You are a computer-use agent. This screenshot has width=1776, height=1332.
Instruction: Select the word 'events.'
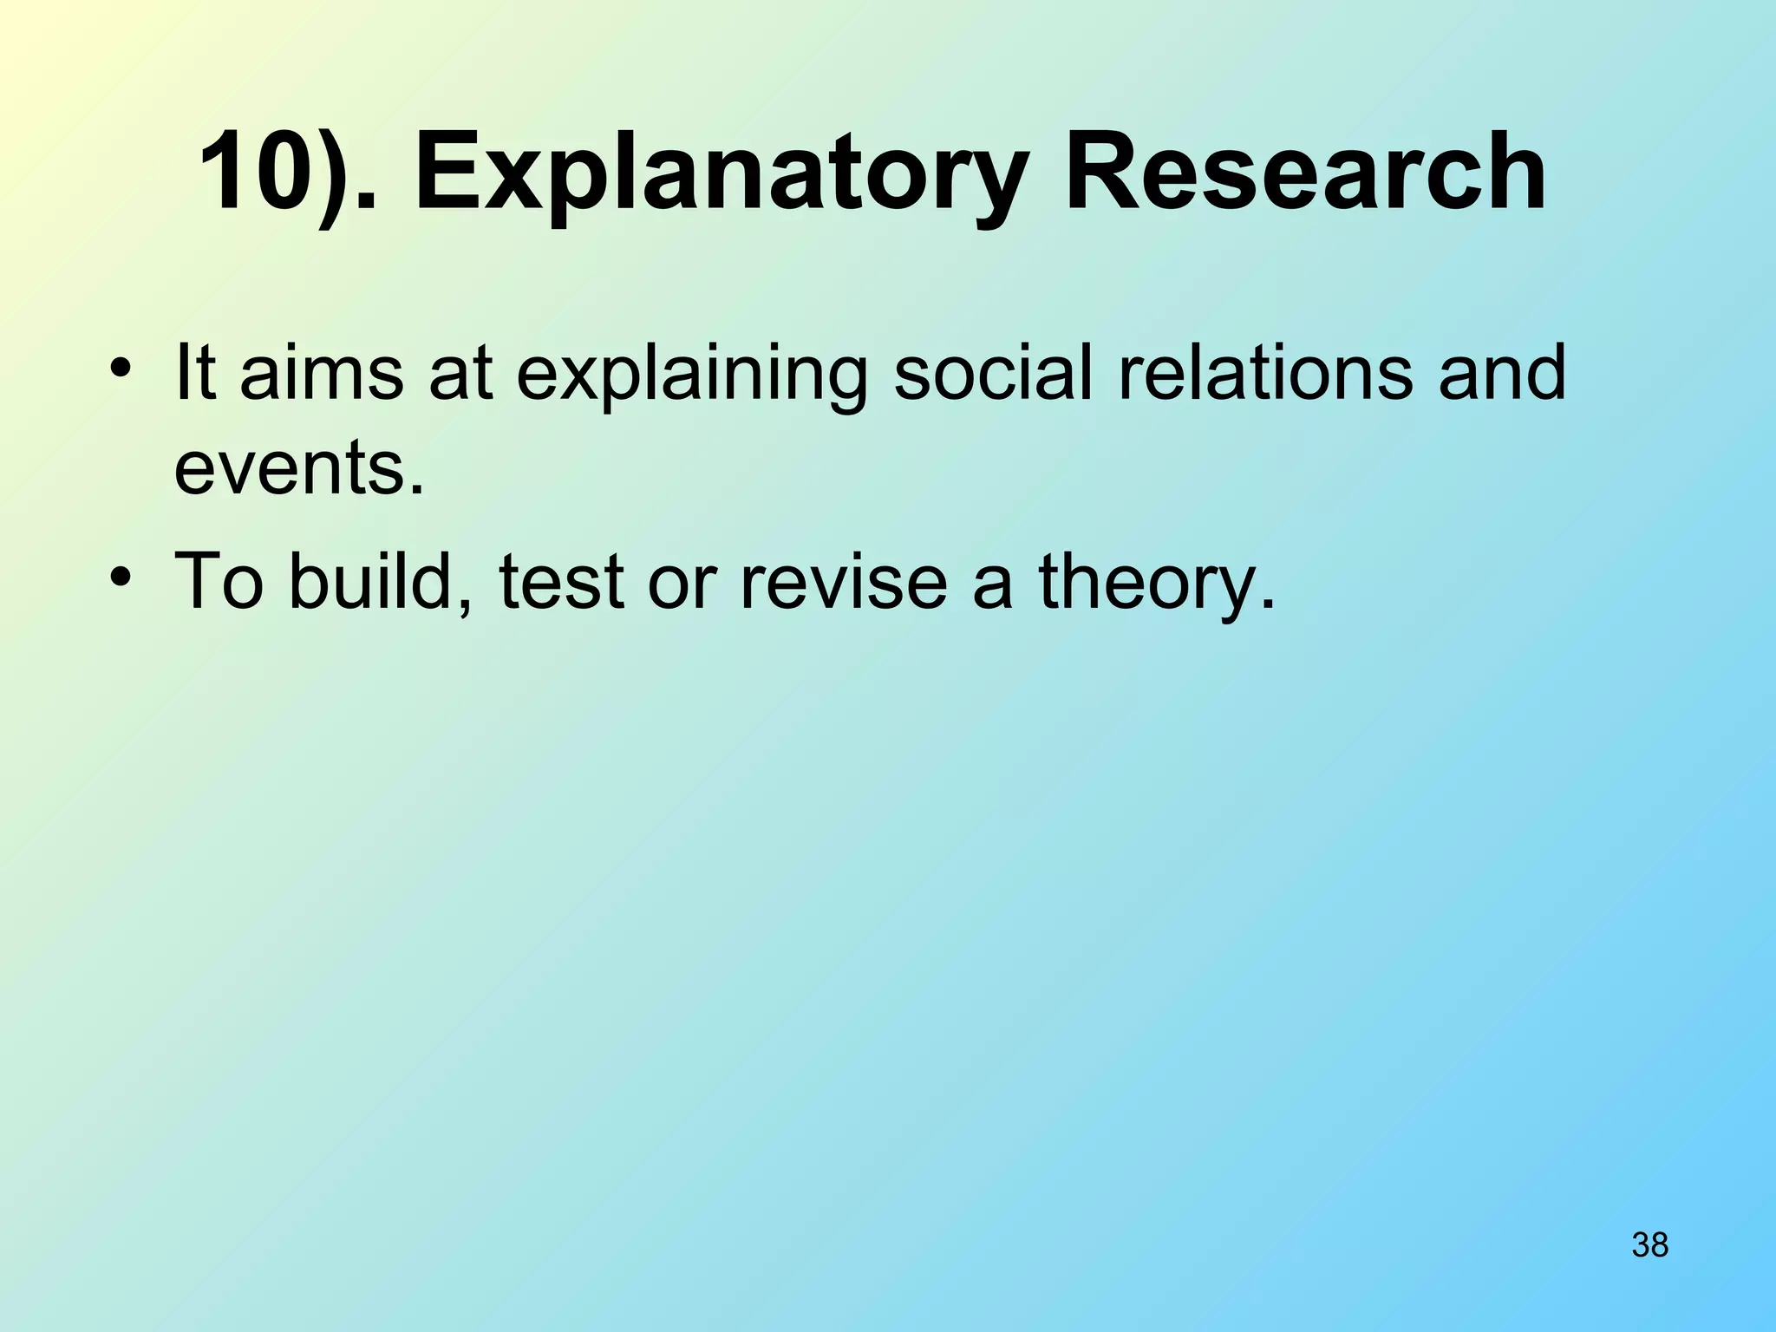[300, 468]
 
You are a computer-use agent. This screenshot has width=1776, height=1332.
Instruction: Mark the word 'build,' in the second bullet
[381, 580]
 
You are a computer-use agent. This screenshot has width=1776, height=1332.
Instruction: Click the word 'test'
[561, 580]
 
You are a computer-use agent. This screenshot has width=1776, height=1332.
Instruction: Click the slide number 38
[1649, 1244]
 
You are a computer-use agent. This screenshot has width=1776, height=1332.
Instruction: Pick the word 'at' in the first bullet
[460, 374]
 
